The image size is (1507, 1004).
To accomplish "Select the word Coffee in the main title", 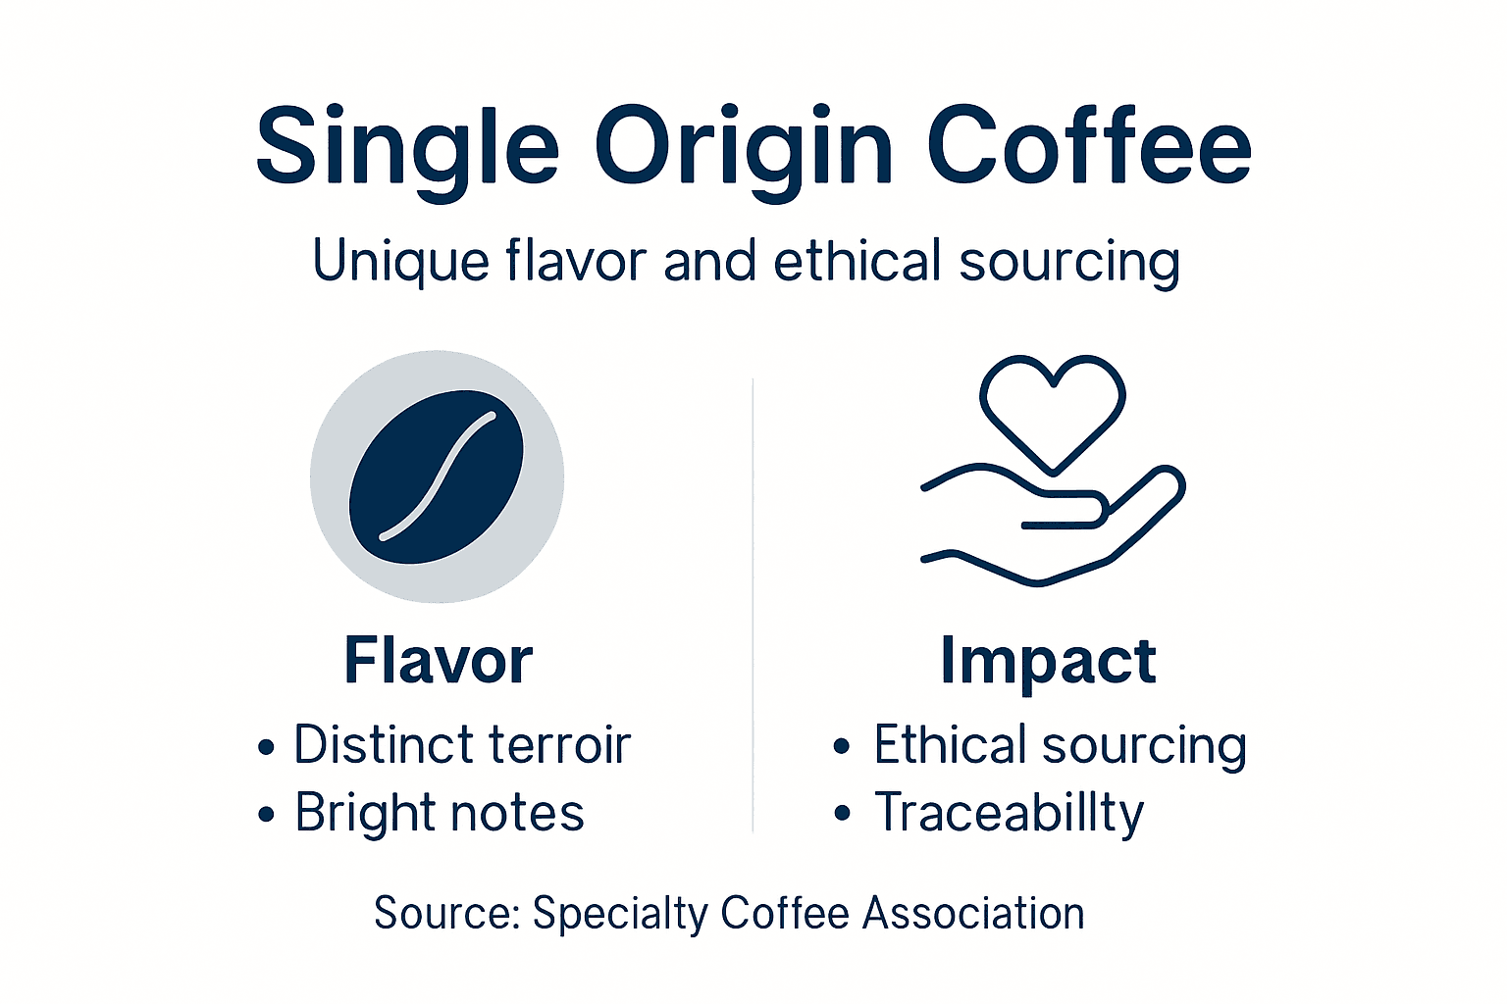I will pos(1088,147).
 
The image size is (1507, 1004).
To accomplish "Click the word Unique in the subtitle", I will pos(400,263).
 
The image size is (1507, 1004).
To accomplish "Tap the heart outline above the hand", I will pos(1052,408).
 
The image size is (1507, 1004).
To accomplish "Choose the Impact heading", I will pos(1048,662).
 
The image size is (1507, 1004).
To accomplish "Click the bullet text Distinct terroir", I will pos(461,745).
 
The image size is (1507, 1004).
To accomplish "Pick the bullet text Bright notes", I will pos(440,813).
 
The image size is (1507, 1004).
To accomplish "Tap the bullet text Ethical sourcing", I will pos(1060,745).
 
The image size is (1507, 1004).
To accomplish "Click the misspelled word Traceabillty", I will pos(1009,813).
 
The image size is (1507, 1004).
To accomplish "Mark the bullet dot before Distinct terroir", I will pos(266,748).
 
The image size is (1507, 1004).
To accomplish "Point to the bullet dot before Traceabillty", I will pos(842,814).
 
